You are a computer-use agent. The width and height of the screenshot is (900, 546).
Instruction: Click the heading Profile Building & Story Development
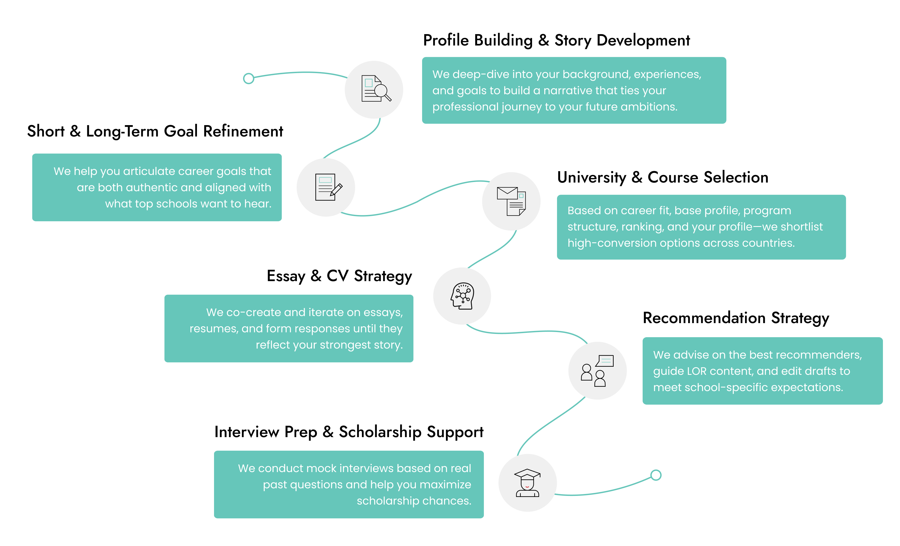pos(556,40)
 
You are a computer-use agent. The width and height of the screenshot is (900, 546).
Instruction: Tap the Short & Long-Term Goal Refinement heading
pos(155,131)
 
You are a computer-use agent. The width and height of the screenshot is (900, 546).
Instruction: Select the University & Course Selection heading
pos(663,177)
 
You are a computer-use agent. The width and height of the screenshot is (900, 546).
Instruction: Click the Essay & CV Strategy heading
pos(339,276)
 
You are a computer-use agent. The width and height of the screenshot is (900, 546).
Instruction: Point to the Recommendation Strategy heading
pos(736,318)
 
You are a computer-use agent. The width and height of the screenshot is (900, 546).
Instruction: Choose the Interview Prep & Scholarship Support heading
pos(349,432)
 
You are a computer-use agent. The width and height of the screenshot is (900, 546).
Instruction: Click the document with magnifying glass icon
pos(375,89)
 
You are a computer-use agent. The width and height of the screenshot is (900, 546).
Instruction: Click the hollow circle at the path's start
pos(248,79)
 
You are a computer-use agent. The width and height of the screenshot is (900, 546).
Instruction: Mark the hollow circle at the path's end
pos(656,475)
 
